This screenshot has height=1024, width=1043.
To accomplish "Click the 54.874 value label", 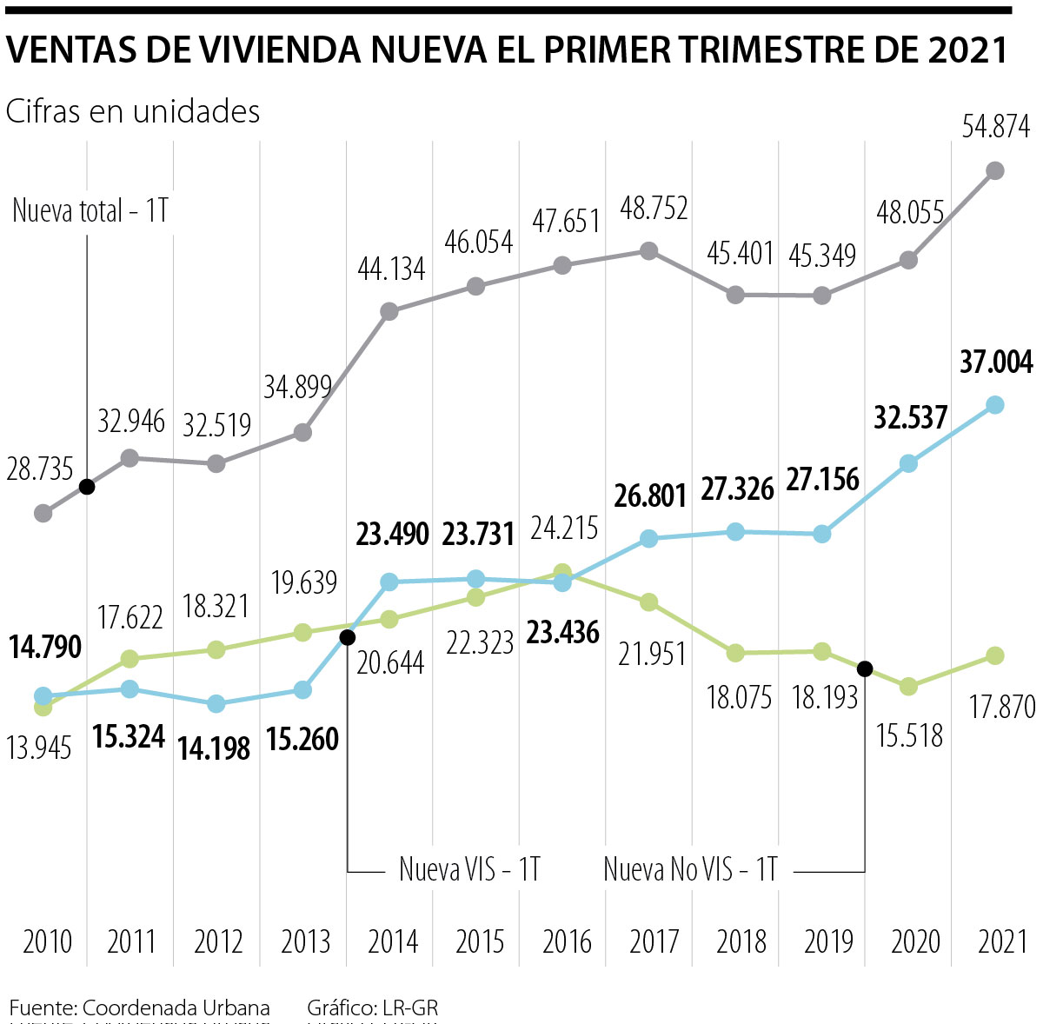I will point(995,128).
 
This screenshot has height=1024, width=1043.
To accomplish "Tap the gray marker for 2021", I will point(995,170).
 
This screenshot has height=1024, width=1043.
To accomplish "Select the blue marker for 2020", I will point(908,463).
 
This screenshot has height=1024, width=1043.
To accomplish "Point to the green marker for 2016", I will point(562,572).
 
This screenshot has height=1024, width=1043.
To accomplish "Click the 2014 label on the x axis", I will point(393,941).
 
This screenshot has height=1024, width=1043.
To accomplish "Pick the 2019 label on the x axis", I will point(828,941).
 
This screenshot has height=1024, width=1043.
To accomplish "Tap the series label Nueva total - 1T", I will point(90,211).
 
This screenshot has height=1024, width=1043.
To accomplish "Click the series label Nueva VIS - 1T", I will point(469,868).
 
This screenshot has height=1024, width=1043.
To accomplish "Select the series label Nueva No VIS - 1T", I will point(690,868).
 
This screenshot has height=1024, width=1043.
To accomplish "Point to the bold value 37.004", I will point(996,362).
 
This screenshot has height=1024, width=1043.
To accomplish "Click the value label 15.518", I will point(909,735).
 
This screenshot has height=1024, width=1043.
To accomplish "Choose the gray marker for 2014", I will point(389,311).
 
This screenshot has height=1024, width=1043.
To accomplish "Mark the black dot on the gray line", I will point(86,487).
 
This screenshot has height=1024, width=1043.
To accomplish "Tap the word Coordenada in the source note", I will point(139,1008).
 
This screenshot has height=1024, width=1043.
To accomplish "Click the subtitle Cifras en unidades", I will point(133,111).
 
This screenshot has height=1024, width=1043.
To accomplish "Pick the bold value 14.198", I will point(214,748).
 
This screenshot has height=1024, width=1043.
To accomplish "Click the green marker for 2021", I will point(995,655).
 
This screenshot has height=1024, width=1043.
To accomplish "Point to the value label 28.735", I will point(40,469).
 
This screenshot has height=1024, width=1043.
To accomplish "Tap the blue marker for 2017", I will point(648,539).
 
